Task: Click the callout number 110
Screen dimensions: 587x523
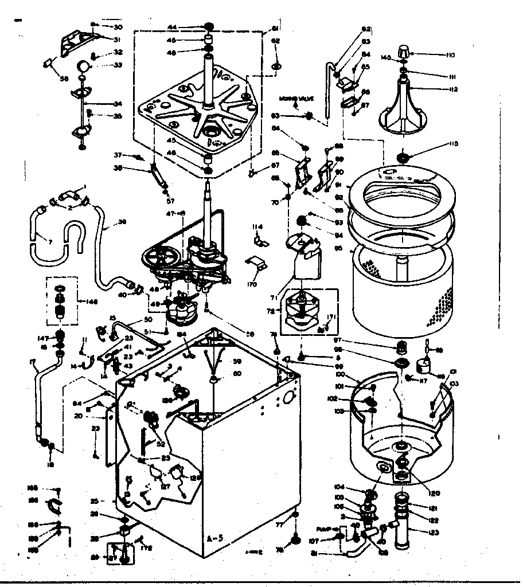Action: (x=448, y=55)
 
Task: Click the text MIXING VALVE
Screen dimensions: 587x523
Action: (x=295, y=97)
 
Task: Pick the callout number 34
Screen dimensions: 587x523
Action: (x=118, y=104)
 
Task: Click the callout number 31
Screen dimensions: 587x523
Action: (x=118, y=40)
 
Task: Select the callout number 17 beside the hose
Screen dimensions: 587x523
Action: (x=32, y=361)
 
